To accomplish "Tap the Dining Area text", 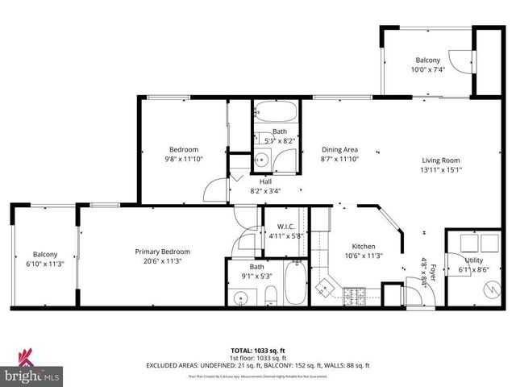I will click(x=339, y=149).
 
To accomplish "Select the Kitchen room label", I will click(x=364, y=246).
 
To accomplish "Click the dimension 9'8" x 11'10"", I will click(x=185, y=159).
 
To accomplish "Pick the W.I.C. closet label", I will click(x=286, y=227).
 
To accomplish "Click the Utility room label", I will click(x=473, y=260).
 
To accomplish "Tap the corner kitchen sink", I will click(x=326, y=287).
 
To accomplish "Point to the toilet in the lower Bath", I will click(x=268, y=298).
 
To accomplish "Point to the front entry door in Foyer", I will click(x=414, y=295).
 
